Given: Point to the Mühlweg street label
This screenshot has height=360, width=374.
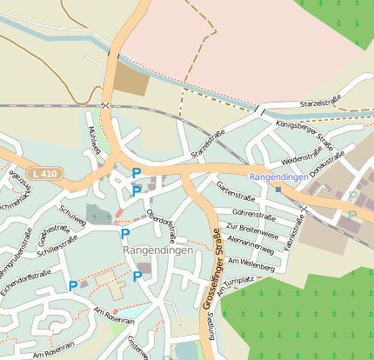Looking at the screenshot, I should (x=95, y=140).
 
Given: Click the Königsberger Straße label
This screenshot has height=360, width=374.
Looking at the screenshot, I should (x=304, y=136).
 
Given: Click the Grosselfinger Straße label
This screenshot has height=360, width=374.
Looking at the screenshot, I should (x=210, y=270).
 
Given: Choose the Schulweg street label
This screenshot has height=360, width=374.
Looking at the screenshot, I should (x=72, y=213).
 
